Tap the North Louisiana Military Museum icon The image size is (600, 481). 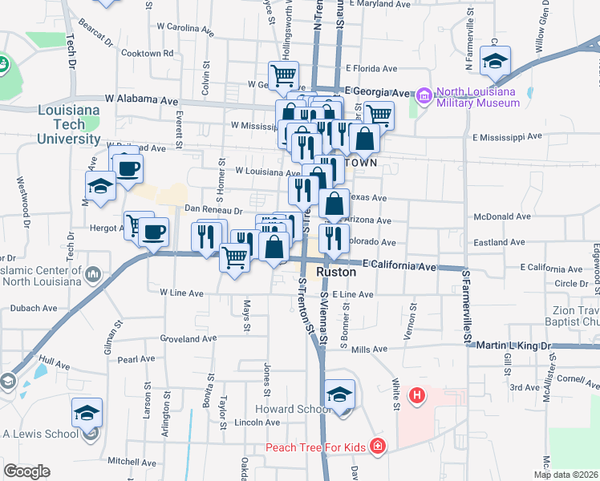tap(423, 97)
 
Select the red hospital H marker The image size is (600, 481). tap(416, 395)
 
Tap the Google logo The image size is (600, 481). tap(27, 471)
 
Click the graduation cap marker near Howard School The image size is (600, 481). tap(340, 396)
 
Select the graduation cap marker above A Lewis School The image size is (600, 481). tap(87, 414)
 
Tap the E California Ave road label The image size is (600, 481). tap(399, 265)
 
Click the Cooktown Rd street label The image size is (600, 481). tap(147, 53)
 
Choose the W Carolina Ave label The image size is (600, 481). tap(185, 30)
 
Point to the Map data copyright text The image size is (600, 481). tap(566, 475)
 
